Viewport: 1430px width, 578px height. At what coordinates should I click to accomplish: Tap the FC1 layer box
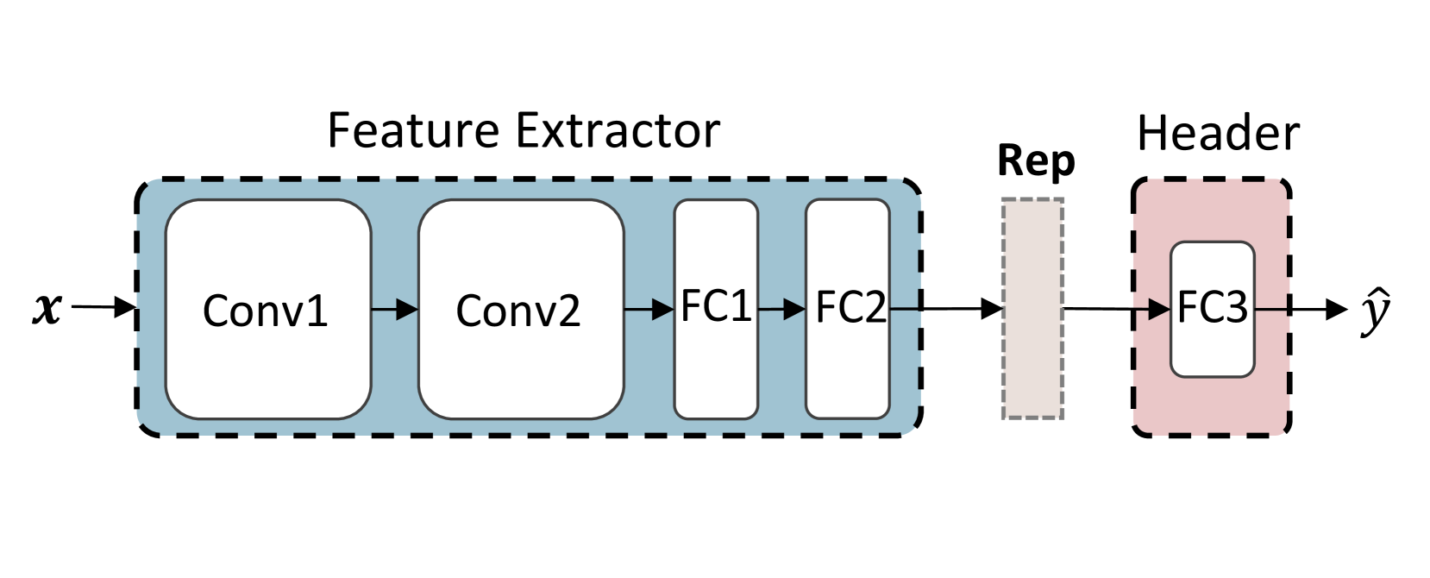click(715, 371)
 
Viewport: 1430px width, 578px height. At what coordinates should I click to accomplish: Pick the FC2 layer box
click(847, 371)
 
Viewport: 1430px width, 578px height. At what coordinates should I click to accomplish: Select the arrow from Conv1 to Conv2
click(394, 309)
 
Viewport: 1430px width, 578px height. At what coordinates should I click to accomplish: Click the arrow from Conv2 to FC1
click(649, 309)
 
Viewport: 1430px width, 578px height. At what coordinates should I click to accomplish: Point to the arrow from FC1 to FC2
click(781, 309)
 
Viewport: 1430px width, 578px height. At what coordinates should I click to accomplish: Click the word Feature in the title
click(413, 131)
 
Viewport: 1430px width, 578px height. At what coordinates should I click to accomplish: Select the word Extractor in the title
click(618, 131)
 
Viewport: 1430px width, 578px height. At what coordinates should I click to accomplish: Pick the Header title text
click(1217, 134)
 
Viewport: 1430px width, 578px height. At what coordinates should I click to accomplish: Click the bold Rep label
click(1035, 161)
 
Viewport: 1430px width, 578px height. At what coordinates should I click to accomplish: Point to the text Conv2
click(517, 311)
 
